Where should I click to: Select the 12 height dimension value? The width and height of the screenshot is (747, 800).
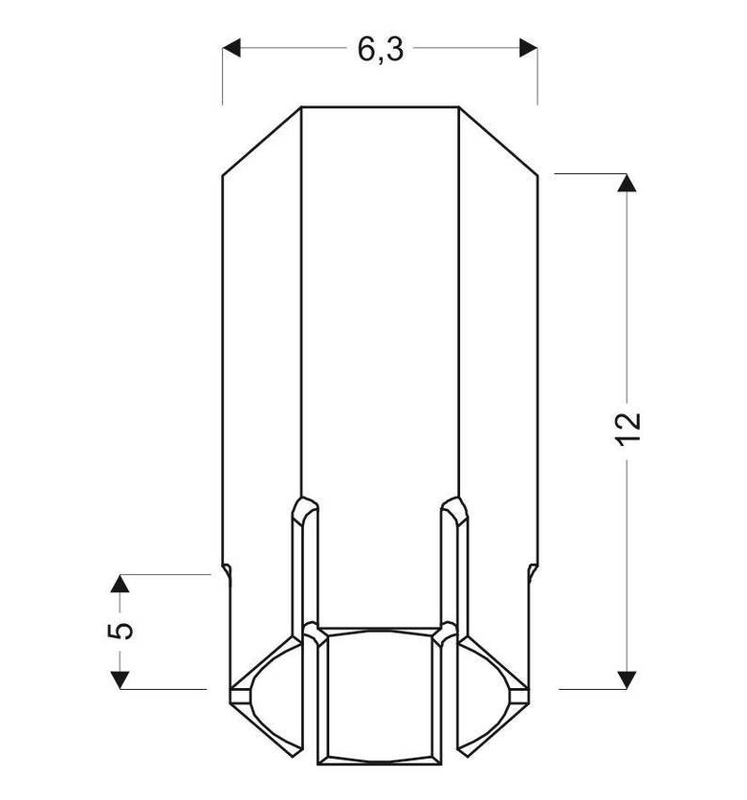tap(628, 429)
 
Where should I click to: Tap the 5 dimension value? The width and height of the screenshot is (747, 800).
tap(120, 631)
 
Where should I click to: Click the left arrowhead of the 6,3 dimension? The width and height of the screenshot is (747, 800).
tap(231, 48)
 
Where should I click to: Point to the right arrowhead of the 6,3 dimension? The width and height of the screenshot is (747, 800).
tap(528, 48)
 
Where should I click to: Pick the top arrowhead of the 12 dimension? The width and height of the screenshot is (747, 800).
tap(627, 183)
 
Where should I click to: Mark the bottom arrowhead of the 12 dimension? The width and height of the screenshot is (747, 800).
tap(627, 680)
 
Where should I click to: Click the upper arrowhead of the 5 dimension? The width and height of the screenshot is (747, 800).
tap(119, 584)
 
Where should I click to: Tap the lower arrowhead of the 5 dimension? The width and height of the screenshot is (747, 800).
tap(119, 680)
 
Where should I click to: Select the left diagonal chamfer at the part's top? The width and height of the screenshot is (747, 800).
tap(262, 141)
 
